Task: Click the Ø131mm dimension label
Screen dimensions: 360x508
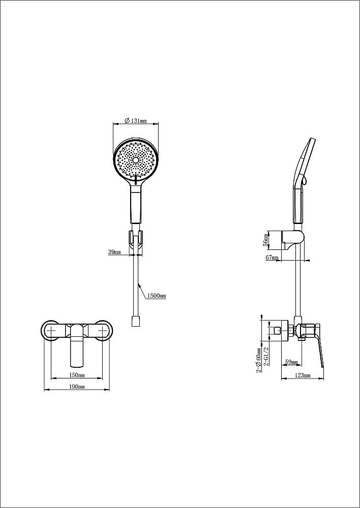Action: [x=136, y=120]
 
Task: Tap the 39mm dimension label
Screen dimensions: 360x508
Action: [x=114, y=252]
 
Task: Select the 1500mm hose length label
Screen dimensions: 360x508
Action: [x=157, y=296]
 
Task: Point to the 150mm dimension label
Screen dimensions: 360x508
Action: [x=77, y=375]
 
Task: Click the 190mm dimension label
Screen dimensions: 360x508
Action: [x=77, y=387]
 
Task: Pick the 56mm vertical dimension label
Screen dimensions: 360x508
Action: [x=266, y=240]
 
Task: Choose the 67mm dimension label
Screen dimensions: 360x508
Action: [x=272, y=258]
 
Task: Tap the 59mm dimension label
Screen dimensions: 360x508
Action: [x=291, y=362]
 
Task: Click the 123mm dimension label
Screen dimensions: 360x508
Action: [x=303, y=375]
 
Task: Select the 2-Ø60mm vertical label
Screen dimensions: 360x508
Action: [x=259, y=360]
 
